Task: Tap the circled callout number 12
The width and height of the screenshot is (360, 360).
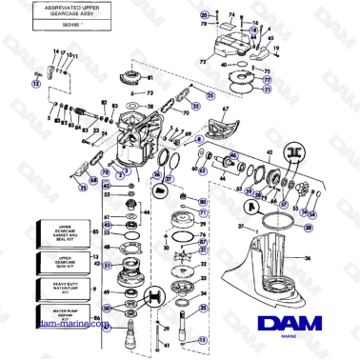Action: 36,84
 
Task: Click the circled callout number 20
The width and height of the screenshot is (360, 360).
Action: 202,17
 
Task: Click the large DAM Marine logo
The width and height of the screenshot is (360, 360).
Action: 297,324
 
